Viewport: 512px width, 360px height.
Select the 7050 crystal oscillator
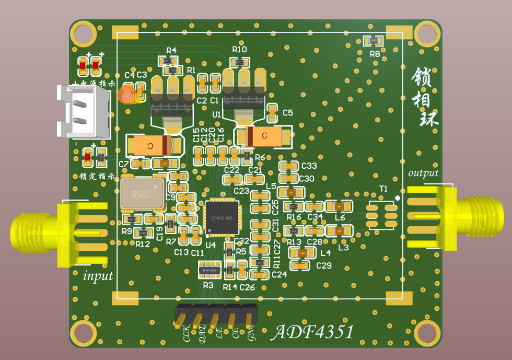pyautogui.click(x=142, y=193)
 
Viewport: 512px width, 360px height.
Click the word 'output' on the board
pyautogui.click(x=423, y=173)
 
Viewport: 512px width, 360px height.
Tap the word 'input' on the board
pyautogui.click(x=98, y=275)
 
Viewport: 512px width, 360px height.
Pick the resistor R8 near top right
pyautogui.click(x=374, y=40)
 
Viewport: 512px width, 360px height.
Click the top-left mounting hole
pyautogui.click(x=84, y=34)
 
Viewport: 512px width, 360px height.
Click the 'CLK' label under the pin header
pyautogui.click(x=185, y=333)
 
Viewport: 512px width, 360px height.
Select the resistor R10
pyautogui.click(x=240, y=62)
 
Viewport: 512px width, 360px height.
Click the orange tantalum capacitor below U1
pyautogui.click(x=264, y=136)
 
